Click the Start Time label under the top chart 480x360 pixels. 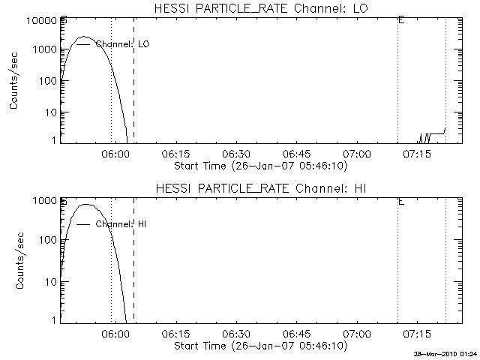259,165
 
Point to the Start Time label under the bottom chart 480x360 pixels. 259,346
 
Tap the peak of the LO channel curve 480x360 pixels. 85,37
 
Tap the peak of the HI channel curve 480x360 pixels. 86,204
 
